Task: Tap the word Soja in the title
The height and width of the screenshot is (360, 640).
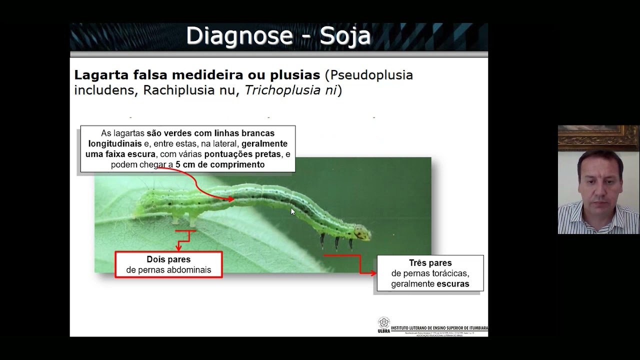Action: point(345,36)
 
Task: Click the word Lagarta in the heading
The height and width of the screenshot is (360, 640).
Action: point(101,75)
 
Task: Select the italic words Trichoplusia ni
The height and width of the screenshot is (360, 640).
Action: point(290,90)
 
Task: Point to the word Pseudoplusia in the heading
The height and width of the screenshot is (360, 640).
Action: point(371,75)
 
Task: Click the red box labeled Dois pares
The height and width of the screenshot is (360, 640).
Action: point(168,264)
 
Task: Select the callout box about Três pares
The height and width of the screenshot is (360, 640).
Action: point(430,273)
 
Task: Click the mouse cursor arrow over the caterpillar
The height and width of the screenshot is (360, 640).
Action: point(292,211)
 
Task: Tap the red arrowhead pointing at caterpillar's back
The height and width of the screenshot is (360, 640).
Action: point(230,199)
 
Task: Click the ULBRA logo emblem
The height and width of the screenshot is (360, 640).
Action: point(383,323)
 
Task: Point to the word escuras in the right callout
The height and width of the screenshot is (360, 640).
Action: point(452,284)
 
